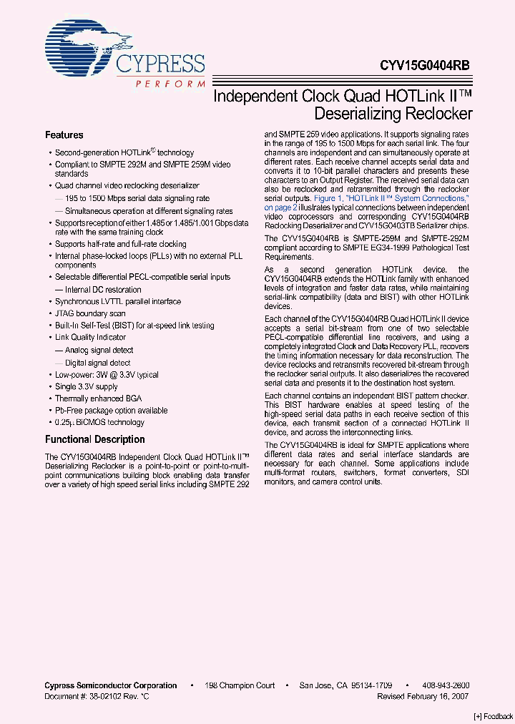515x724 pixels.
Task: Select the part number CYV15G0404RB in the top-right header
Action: pyautogui.click(x=425, y=64)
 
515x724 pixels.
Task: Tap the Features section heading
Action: pyautogui.click(x=64, y=135)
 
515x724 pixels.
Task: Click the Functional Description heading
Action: pyautogui.click(x=95, y=439)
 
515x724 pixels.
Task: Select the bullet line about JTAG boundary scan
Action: pyautogui.click(x=91, y=313)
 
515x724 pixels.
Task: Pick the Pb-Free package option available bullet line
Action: pyautogui.click(x=112, y=411)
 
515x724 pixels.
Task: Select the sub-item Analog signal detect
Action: pyautogui.click(x=99, y=351)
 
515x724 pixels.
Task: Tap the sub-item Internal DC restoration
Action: pyautogui.click(x=103, y=290)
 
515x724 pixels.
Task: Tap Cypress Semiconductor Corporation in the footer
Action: pyautogui.click(x=111, y=685)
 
